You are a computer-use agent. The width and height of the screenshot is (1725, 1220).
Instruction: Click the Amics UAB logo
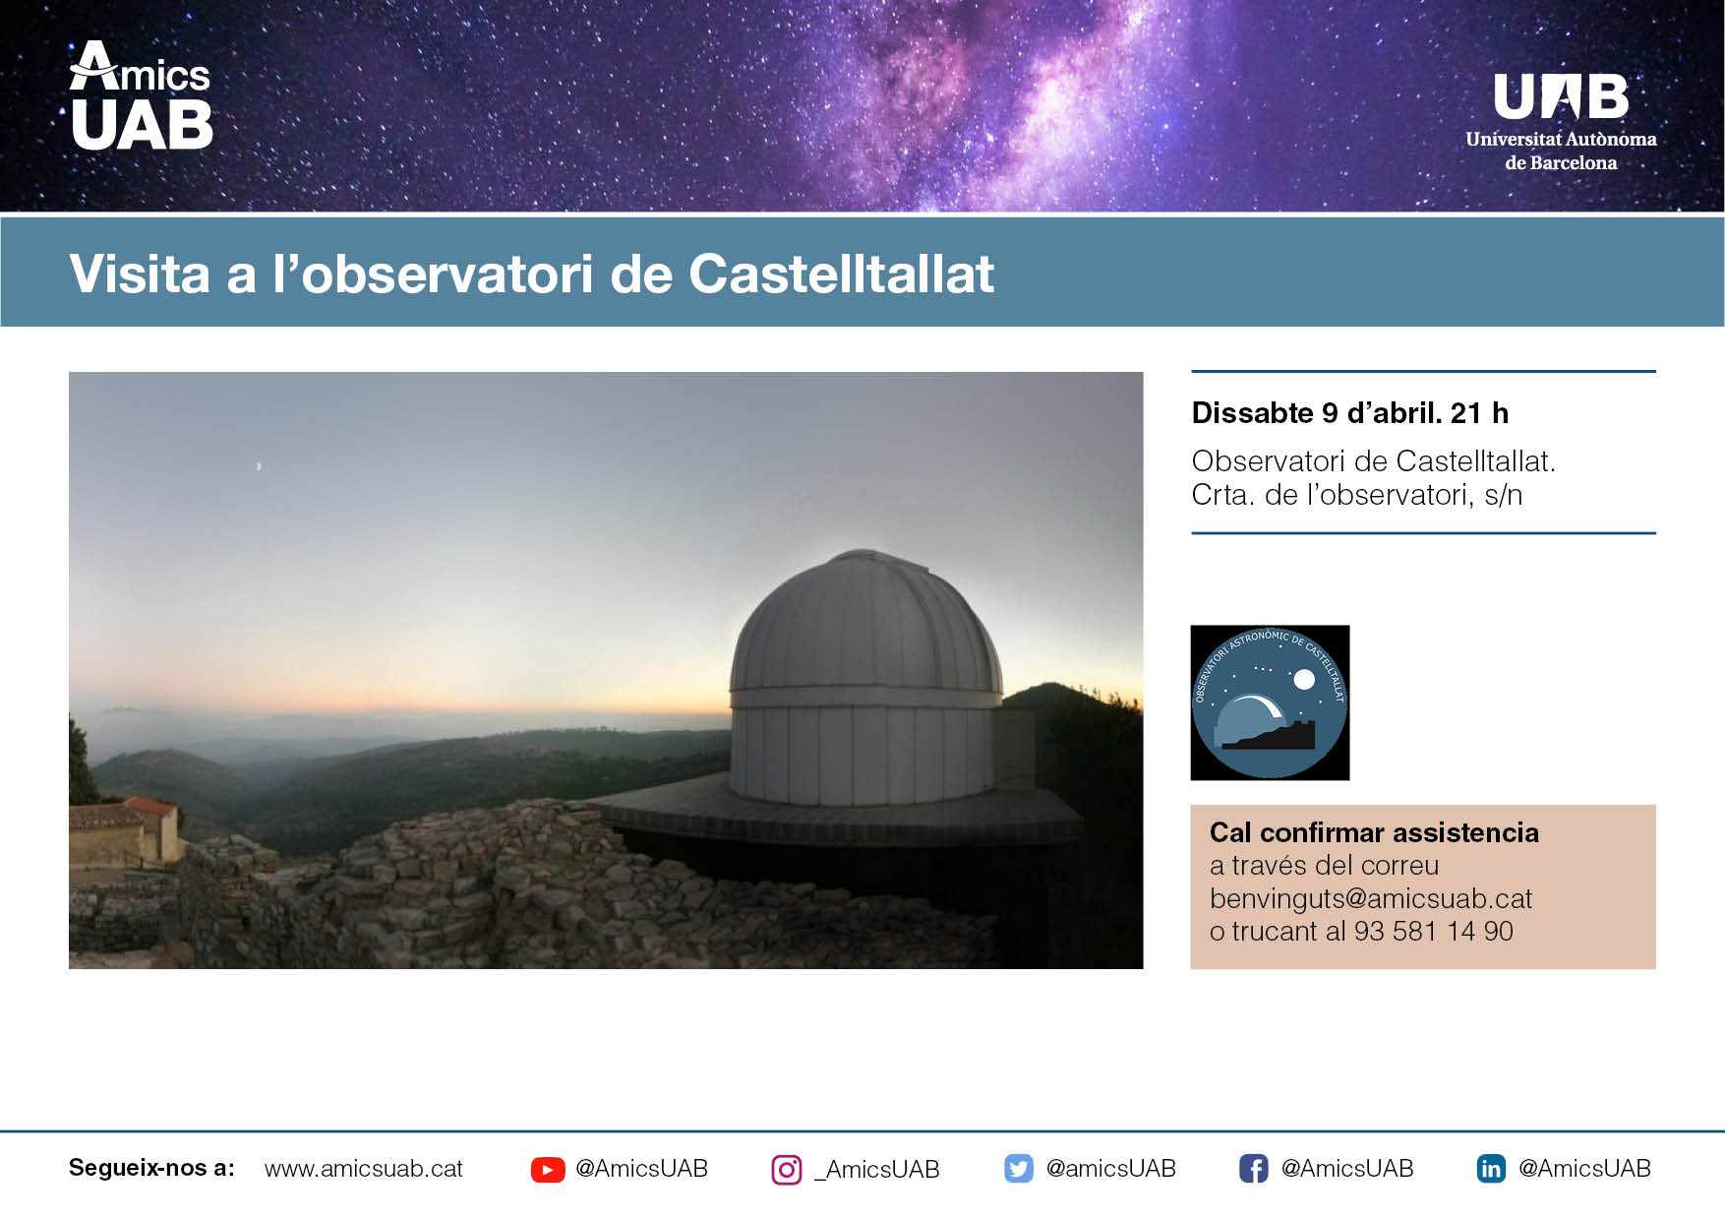tap(142, 95)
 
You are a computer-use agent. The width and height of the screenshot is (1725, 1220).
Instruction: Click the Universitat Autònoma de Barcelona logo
tap(1561, 122)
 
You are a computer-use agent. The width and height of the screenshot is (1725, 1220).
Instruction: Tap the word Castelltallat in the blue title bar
tap(842, 274)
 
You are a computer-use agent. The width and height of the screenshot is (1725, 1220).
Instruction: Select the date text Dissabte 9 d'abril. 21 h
tap(1349, 412)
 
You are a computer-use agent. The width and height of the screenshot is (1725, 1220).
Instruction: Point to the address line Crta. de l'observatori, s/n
tap(1356, 494)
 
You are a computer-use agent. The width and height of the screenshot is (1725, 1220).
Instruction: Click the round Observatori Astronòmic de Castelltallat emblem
tap(1270, 702)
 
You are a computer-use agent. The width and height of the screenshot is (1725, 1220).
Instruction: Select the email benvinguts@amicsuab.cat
tap(1371, 898)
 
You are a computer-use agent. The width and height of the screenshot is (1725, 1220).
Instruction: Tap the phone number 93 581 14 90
tap(1433, 931)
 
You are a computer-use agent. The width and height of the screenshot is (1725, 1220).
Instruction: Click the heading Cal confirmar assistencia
tap(1374, 832)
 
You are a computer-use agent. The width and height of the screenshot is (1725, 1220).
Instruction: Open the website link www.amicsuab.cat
tap(364, 1169)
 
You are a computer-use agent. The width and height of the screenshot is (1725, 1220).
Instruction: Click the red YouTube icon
tap(548, 1169)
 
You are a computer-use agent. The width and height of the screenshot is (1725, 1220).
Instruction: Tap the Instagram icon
tap(787, 1170)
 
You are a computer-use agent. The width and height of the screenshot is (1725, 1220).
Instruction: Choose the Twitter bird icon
tap(1019, 1169)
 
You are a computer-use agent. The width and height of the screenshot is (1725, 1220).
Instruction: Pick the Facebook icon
tap(1253, 1169)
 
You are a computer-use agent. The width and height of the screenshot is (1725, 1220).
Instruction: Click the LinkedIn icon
tap(1491, 1169)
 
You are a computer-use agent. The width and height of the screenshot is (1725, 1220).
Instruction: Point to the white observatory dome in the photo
tap(865, 679)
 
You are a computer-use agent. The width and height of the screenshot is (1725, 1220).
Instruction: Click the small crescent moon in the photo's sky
tap(259, 466)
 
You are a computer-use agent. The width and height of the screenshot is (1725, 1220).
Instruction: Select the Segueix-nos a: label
tap(151, 1168)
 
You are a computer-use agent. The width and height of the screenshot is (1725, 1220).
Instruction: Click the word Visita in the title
tap(140, 274)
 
